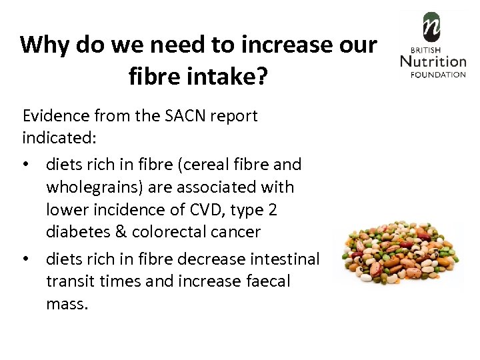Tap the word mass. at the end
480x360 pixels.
coord(67,305)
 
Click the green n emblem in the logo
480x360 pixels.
coord(433,27)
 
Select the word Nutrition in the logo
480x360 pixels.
coord(433,61)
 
